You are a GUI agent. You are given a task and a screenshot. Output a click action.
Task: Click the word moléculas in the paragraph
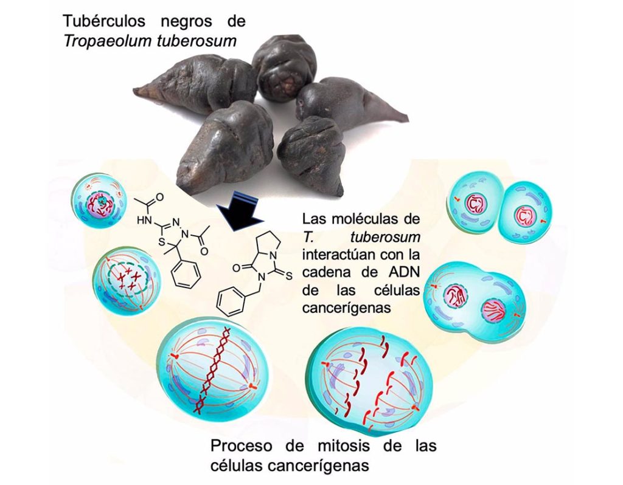coord(371,218)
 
